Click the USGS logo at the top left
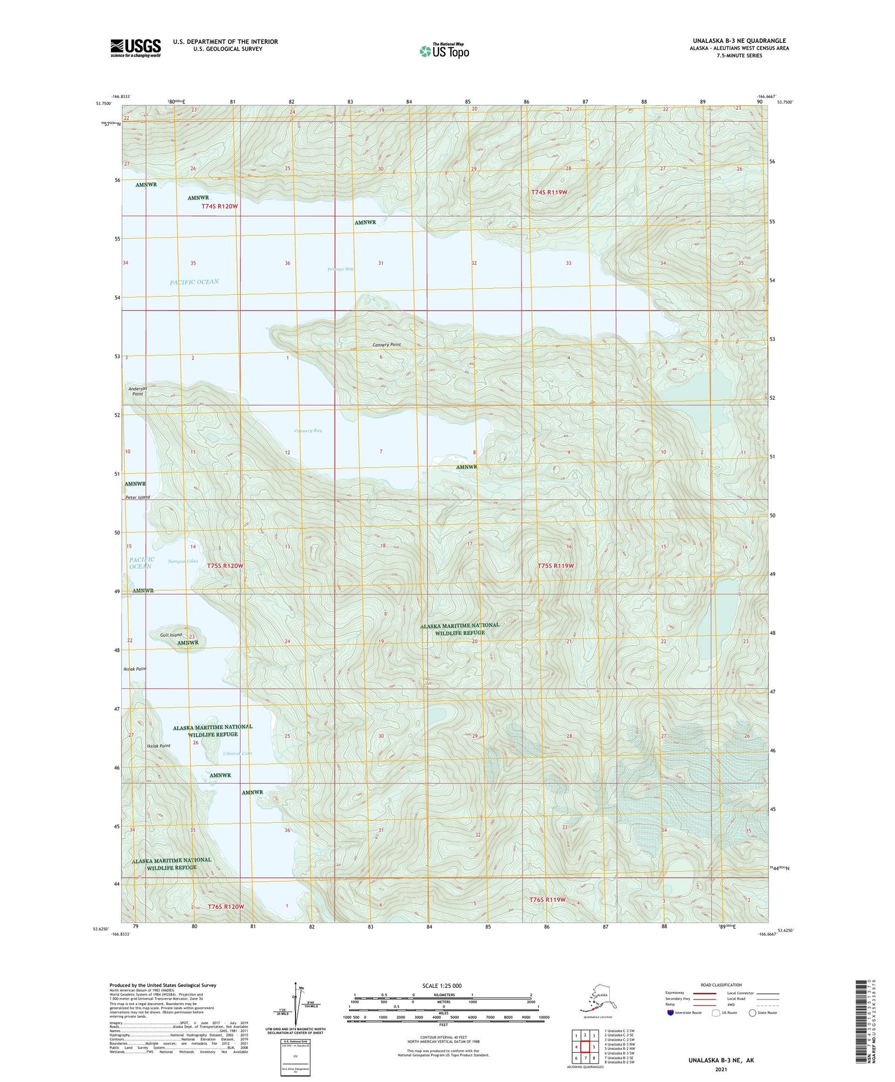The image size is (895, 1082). click(135, 48)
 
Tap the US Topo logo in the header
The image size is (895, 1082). click(444, 51)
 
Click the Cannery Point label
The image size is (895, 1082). click(387, 345)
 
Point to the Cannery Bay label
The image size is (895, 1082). click(308, 430)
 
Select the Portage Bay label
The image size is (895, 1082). click(340, 269)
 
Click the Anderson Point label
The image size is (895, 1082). click(138, 391)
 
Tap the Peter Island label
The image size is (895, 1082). click(138, 497)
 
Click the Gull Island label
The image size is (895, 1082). click(171, 634)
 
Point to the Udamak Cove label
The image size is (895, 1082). click(237, 753)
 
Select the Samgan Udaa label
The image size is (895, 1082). click(183, 561)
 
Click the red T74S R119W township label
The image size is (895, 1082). click(549, 192)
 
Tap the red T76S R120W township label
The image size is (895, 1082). click(226, 907)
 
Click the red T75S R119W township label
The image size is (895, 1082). click(555, 565)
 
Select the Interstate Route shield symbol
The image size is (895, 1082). click(671, 1013)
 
